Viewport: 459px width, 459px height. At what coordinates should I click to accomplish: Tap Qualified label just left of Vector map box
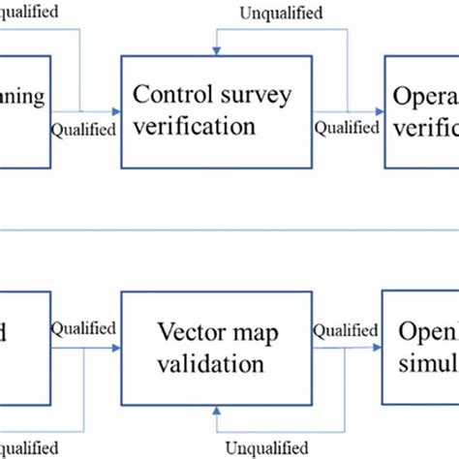(x=83, y=328)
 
